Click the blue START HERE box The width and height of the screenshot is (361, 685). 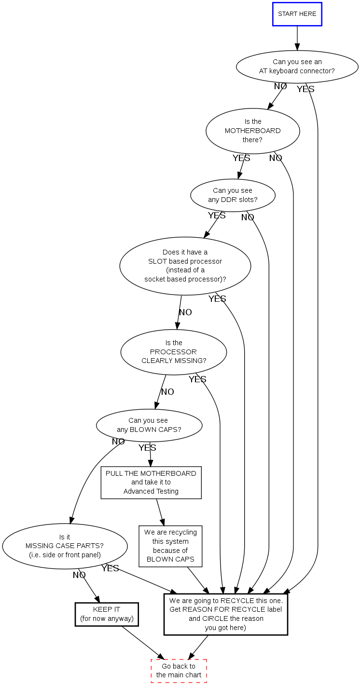(297, 14)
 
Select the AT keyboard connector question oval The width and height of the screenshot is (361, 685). (297, 67)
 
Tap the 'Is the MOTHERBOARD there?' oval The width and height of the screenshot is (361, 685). (252, 131)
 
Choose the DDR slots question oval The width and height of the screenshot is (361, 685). (233, 195)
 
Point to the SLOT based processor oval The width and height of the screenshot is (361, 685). (185, 266)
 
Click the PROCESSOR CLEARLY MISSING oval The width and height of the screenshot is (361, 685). (173, 352)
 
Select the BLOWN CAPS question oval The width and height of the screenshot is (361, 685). (149, 425)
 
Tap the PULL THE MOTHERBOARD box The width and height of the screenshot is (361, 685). (151, 483)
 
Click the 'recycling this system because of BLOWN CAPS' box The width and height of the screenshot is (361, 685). (170, 546)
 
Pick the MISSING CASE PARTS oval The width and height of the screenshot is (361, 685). (65, 546)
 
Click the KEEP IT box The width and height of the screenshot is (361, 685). (107, 614)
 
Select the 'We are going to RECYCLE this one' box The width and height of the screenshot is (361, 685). (225, 614)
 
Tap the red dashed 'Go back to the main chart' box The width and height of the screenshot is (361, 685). (179, 671)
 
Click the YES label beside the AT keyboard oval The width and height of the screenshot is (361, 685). (305, 89)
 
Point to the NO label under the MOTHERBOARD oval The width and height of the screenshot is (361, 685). (276, 158)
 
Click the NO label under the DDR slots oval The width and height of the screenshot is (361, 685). (248, 217)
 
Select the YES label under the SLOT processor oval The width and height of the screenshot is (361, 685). (217, 299)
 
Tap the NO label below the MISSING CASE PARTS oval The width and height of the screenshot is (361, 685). (79, 575)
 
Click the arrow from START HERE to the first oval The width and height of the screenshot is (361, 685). (297, 38)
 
